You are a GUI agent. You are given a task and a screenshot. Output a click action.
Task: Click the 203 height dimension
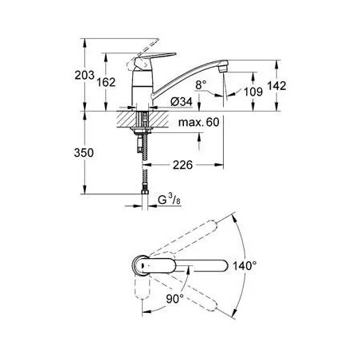click(x=84, y=75)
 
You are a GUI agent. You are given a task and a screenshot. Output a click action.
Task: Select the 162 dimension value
click(x=106, y=82)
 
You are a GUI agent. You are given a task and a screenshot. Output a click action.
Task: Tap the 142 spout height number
click(x=276, y=86)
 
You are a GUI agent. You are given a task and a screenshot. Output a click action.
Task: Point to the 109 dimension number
click(x=253, y=92)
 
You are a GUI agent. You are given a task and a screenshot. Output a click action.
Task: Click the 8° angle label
click(x=201, y=85)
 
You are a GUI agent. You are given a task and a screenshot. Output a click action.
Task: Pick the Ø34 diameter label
click(x=182, y=101)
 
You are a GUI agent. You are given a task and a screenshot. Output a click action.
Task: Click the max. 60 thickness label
click(x=199, y=122)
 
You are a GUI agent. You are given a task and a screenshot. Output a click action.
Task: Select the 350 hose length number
click(x=84, y=153)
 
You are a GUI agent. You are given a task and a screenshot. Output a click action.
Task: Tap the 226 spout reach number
click(x=182, y=165)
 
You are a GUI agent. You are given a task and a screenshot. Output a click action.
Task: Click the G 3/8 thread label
click(x=169, y=200)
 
